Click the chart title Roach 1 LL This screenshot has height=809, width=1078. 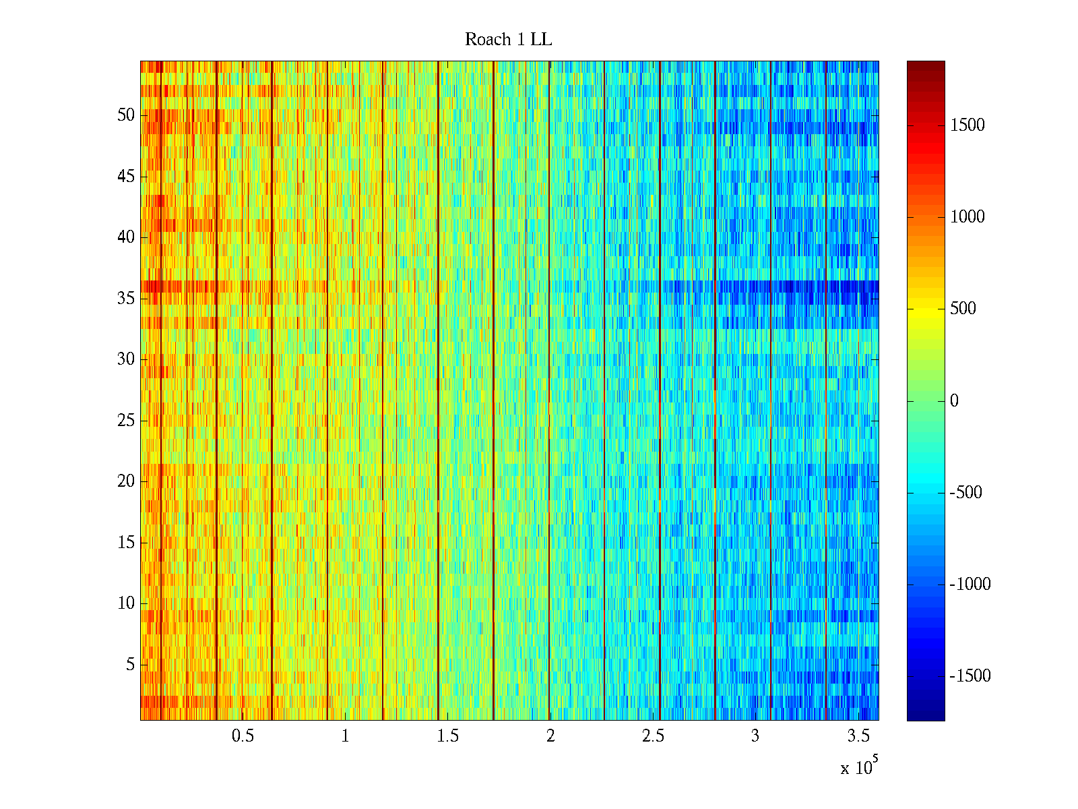pyautogui.click(x=508, y=40)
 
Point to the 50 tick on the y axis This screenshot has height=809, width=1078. pyautogui.click(x=126, y=115)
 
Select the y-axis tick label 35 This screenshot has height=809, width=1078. pyautogui.click(x=126, y=298)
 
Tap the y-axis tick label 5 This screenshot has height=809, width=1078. pyautogui.click(x=130, y=664)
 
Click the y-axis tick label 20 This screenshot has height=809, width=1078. pyautogui.click(x=126, y=481)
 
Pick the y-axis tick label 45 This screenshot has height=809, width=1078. pyautogui.click(x=126, y=177)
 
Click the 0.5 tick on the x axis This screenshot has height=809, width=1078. pyautogui.click(x=243, y=736)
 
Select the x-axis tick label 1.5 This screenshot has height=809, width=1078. pyautogui.click(x=448, y=736)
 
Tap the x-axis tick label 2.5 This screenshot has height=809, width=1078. pyautogui.click(x=653, y=736)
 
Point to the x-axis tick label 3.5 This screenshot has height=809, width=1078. pyautogui.click(x=858, y=736)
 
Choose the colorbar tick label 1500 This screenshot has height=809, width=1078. pyautogui.click(x=968, y=125)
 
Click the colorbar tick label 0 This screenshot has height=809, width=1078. pyautogui.click(x=954, y=401)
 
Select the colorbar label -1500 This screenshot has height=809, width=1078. pyautogui.click(x=970, y=676)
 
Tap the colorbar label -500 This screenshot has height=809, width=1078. pyautogui.click(x=966, y=493)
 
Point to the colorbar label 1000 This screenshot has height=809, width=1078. pyautogui.click(x=968, y=216)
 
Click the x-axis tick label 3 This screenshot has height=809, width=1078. pyautogui.click(x=755, y=736)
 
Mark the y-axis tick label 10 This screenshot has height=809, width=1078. pyautogui.click(x=126, y=603)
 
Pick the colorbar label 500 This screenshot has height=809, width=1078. pyautogui.click(x=963, y=309)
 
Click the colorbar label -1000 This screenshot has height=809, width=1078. pyautogui.click(x=970, y=585)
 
